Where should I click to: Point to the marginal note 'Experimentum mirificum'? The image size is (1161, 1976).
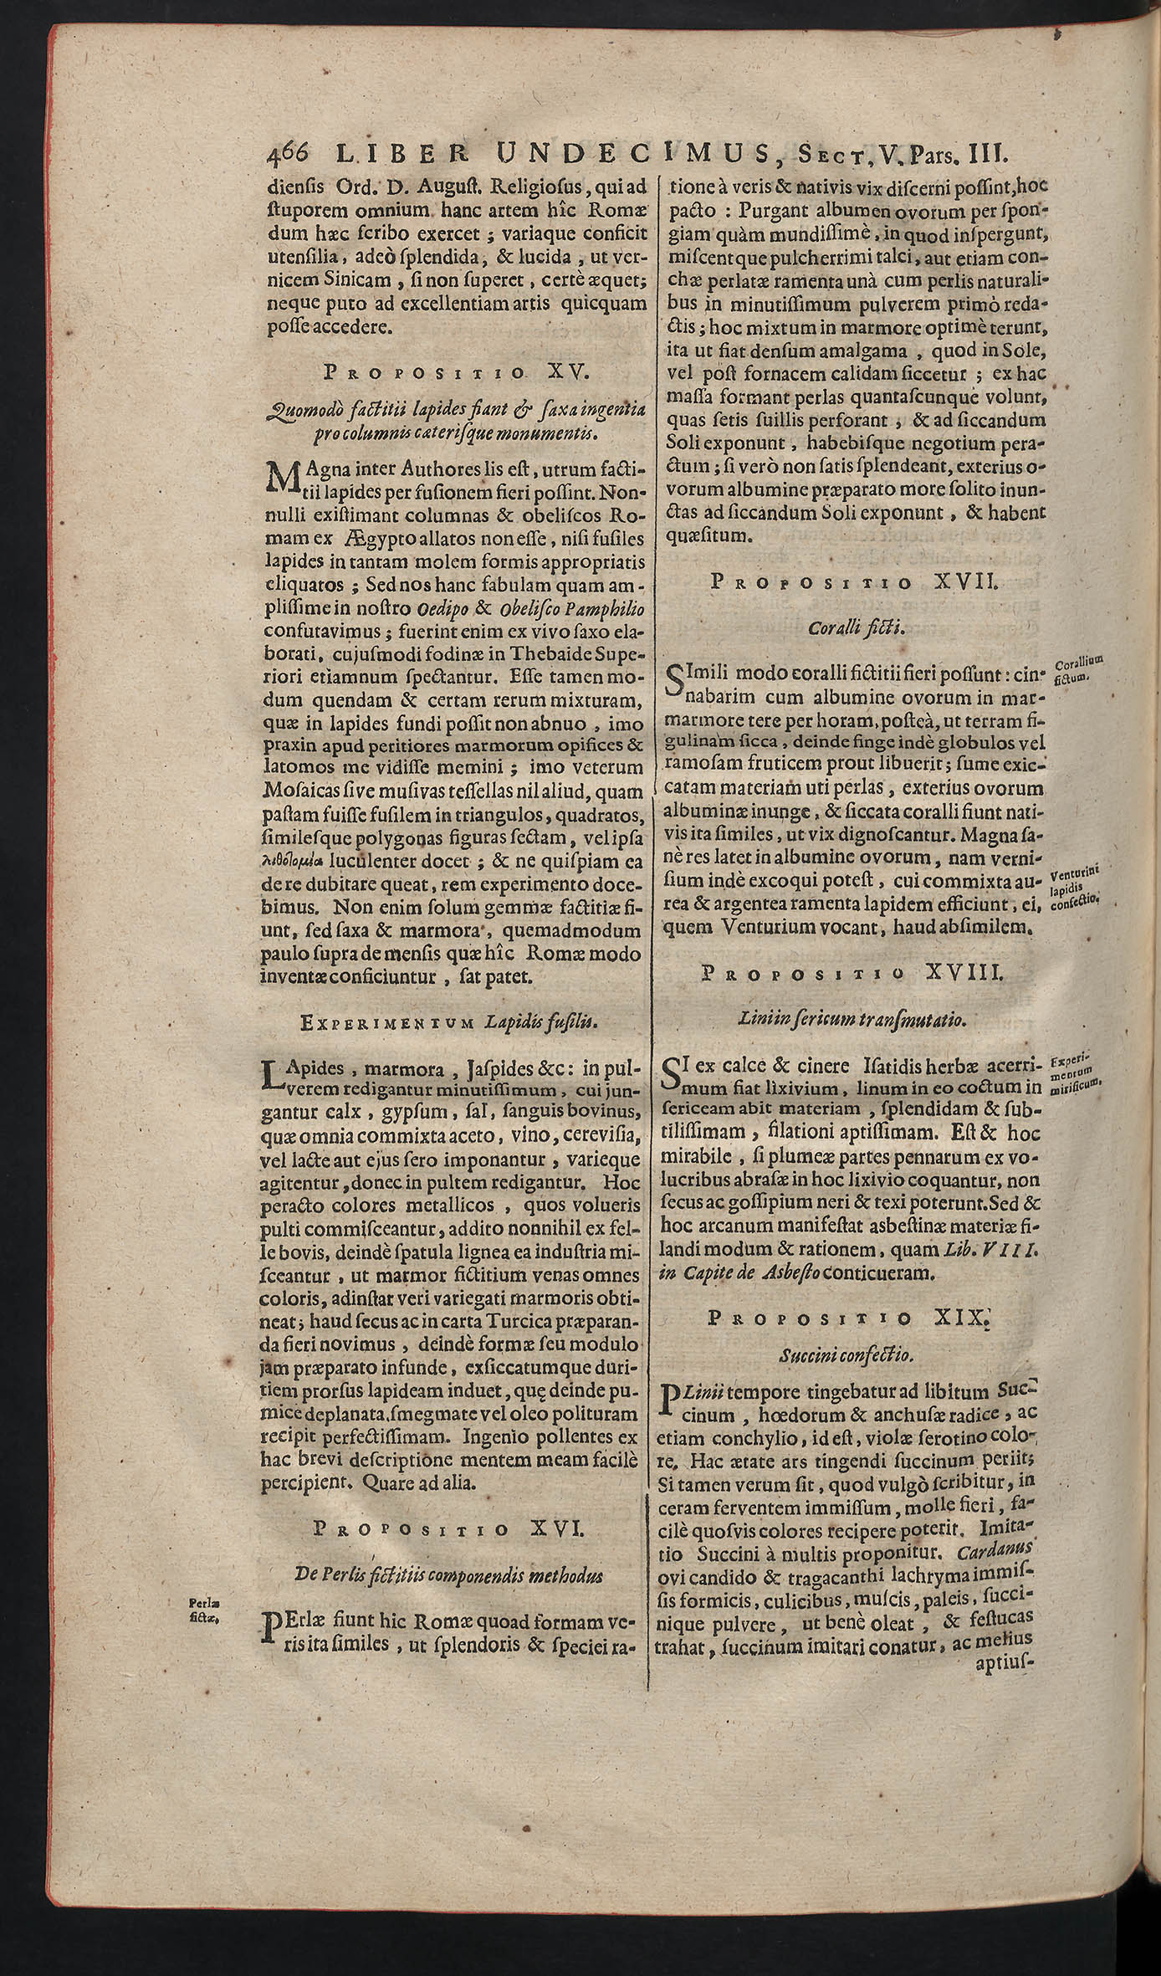pyautogui.click(x=1075, y=1073)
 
